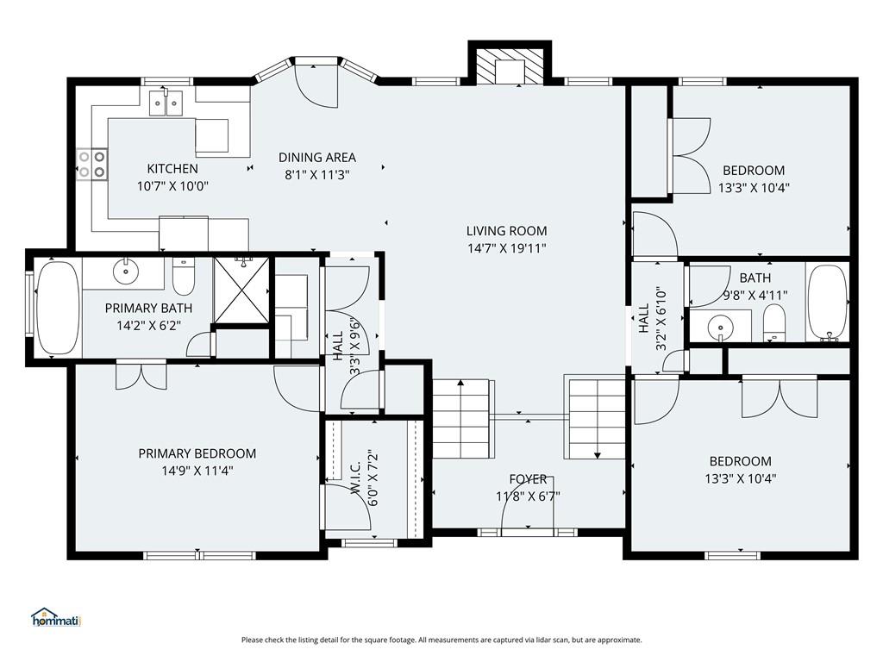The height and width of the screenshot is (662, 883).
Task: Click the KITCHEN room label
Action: pos(172,168)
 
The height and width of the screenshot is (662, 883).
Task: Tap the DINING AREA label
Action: pos(317,157)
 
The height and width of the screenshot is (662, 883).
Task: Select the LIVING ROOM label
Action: pos(506,230)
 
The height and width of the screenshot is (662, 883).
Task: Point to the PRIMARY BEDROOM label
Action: pos(197,453)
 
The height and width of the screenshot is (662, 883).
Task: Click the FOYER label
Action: pos(528,479)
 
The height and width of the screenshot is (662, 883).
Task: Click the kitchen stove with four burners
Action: pos(92,164)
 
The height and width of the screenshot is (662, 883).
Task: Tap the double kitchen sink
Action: pos(166,103)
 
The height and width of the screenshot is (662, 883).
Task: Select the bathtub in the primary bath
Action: pos(58,309)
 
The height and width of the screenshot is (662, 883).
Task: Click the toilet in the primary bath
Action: pos(183,277)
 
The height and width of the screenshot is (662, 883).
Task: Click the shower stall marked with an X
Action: pos(242,290)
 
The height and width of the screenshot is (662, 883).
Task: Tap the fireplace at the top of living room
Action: pos(510,66)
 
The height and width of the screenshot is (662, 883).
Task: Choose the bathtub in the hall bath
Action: pos(827,303)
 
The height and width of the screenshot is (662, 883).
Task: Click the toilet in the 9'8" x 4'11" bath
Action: pos(774,323)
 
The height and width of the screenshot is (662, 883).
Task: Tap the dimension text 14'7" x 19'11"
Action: pos(507,247)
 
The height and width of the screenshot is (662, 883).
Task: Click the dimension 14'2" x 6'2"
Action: pos(148,325)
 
